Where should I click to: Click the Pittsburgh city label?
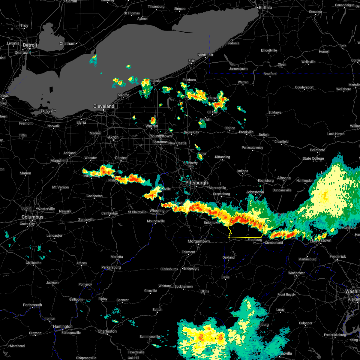pyautogui.click(x=196, y=183)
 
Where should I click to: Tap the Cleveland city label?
pyautogui.click(x=104, y=106)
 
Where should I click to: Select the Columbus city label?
pyautogui.click(x=32, y=217)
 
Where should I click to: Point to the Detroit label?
pyautogui.click(x=30, y=45)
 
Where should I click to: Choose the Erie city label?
pyautogui.click(x=192, y=61)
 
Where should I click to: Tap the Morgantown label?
pyautogui.click(x=199, y=241)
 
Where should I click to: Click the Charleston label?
pyautogui.click(x=107, y=331)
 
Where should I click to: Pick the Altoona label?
pyautogui.click(x=284, y=178)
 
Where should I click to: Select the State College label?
pyautogui.click(x=313, y=158)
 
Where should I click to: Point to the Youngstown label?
pyautogui.click(x=161, y=136)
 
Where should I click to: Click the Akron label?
pyautogui.click(x=113, y=137)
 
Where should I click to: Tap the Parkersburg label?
pyautogui.click(x=111, y=267)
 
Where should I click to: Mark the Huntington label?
pyautogui.click(x=63, y=326)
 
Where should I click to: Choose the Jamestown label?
pyautogui.click(x=238, y=69)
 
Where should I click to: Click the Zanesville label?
pyautogui.click(x=86, y=220)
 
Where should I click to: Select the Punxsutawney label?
pyautogui.click(x=252, y=148)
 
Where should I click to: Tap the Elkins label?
pyautogui.click(x=205, y=291)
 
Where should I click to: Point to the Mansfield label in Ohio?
pyautogui.click(x=59, y=160)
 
